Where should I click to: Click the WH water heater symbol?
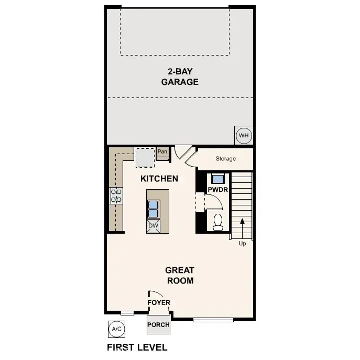click(x=243, y=136)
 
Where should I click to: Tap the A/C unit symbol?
click(x=116, y=329)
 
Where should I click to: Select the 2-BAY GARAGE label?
click(x=180, y=77)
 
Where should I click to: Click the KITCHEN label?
click(x=159, y=179)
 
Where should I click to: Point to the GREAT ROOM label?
click(x=180, y=275)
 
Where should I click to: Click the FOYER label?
click(x=158, y=302)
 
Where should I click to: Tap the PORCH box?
click(x=158, y=324)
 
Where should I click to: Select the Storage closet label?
click(x=225, y=158)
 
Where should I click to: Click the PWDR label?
click(x=217, y=190)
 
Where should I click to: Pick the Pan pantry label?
click(x=162, y=152)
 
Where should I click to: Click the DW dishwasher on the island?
click(x=153, y=226)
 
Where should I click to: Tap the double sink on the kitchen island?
click(x=154, y=209)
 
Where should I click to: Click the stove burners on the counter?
click(x=116, y=196)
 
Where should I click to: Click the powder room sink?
click(x=217, y=178)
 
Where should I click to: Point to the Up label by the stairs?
click(x=242, y=243)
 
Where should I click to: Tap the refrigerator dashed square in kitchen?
click(x=145, y=156)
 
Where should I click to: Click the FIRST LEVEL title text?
click(x=137, y=347)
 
